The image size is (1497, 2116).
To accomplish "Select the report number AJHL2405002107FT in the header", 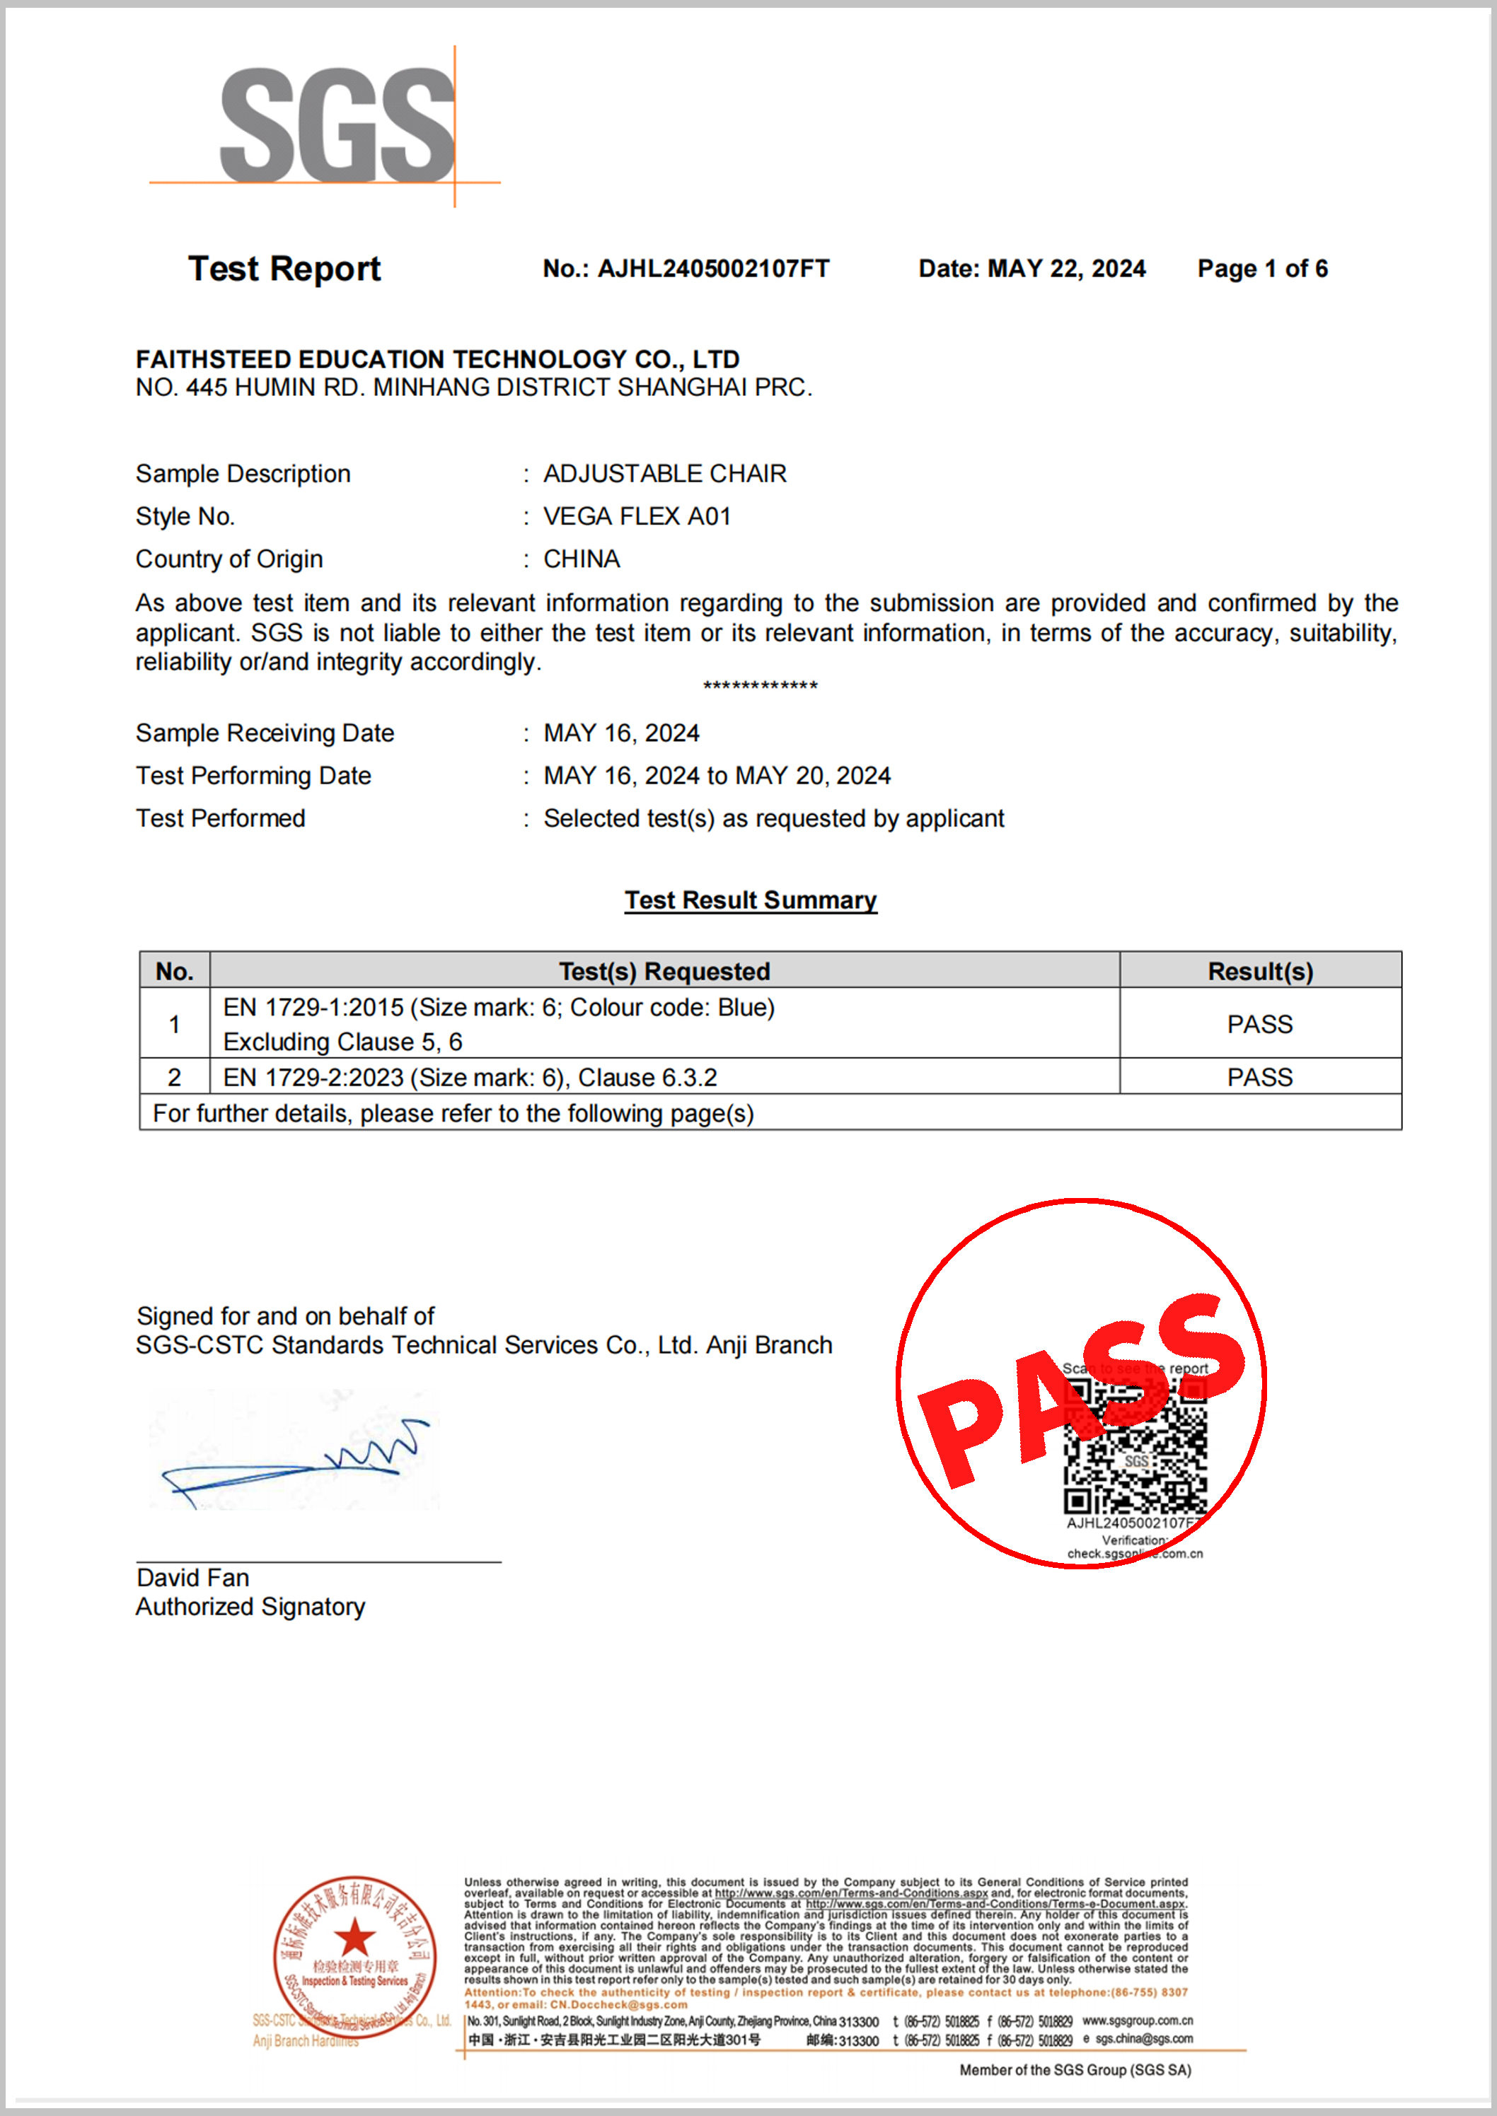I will coord(712,269).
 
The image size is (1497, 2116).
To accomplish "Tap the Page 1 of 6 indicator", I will coord(1262,269).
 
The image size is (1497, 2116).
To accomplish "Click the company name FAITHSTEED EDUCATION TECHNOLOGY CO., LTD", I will coord(437,359).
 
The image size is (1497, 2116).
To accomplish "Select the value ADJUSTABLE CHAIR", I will coord(664,474).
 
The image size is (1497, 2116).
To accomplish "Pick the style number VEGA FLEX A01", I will coord(637,516).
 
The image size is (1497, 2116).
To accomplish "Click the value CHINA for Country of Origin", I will coord(582,559).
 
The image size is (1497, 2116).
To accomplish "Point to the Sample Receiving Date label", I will coord(265,733).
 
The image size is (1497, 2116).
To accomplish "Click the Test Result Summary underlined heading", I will coord(751,900).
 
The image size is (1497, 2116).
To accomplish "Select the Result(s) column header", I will coord(1260,972).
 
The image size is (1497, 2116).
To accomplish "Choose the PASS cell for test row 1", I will coord(1259,1024).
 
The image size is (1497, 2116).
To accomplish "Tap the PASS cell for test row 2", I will coord(1259,1077).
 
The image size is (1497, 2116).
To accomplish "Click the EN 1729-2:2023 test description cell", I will coord(470,1077).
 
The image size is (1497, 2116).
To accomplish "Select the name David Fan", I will coord(192,1578).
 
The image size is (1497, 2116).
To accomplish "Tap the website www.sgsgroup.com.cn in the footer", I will coord(1137,2021).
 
